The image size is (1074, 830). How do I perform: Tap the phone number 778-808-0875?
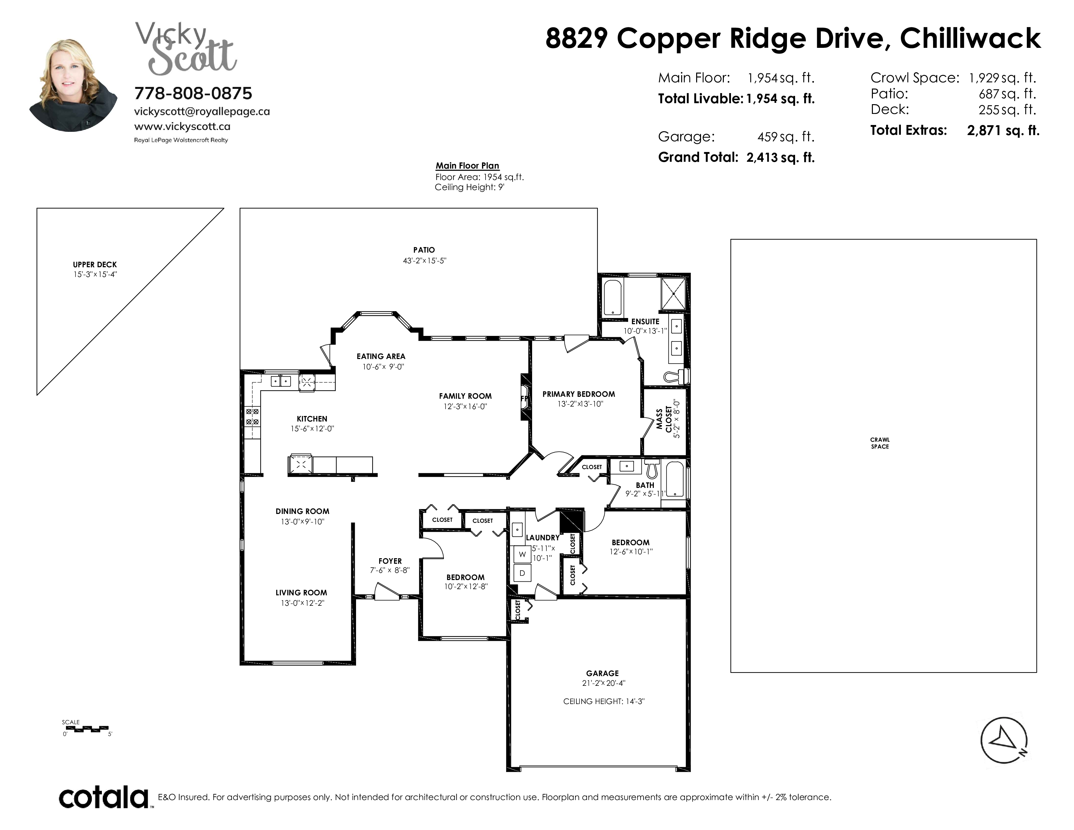click(193, 93)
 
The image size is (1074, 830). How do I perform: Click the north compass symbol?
click(1004, 740)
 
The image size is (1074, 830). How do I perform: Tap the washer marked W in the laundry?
click(522, 554)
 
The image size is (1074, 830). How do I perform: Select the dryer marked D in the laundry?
click(522, 573)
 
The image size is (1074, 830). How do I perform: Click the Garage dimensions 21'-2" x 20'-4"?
click(602, 683)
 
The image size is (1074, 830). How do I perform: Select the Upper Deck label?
click(95, 265)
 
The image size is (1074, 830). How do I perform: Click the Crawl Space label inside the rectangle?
click(880, 443)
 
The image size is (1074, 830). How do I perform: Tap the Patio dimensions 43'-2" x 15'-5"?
click(424, 261)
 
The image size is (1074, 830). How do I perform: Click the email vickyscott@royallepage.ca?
click(202, 112)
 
